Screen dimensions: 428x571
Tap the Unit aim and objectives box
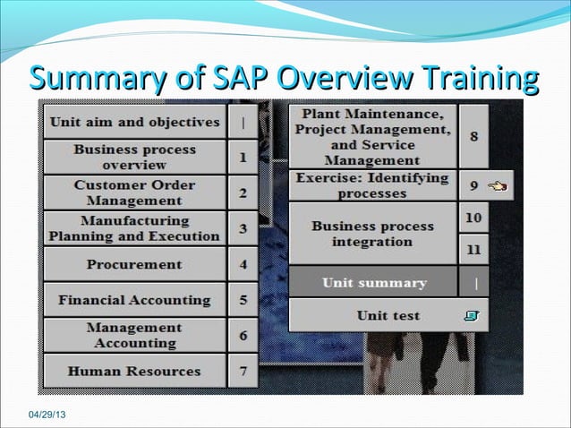134,122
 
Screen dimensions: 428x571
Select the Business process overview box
134,158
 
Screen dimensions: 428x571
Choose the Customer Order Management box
134,193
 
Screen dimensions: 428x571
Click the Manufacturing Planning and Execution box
134,228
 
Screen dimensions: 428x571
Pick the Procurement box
134,264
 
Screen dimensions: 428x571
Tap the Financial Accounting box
134,300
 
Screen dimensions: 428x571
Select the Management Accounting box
134,335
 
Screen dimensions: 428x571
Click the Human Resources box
134,371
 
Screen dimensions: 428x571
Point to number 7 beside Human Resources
243,371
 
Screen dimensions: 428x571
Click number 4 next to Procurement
243,264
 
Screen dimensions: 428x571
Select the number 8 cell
473,136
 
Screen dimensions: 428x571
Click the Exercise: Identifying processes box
372,185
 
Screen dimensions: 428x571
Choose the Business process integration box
372,234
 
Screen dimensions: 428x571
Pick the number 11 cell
473,250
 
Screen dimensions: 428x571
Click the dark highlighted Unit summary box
373,283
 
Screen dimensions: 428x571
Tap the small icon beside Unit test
473,315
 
